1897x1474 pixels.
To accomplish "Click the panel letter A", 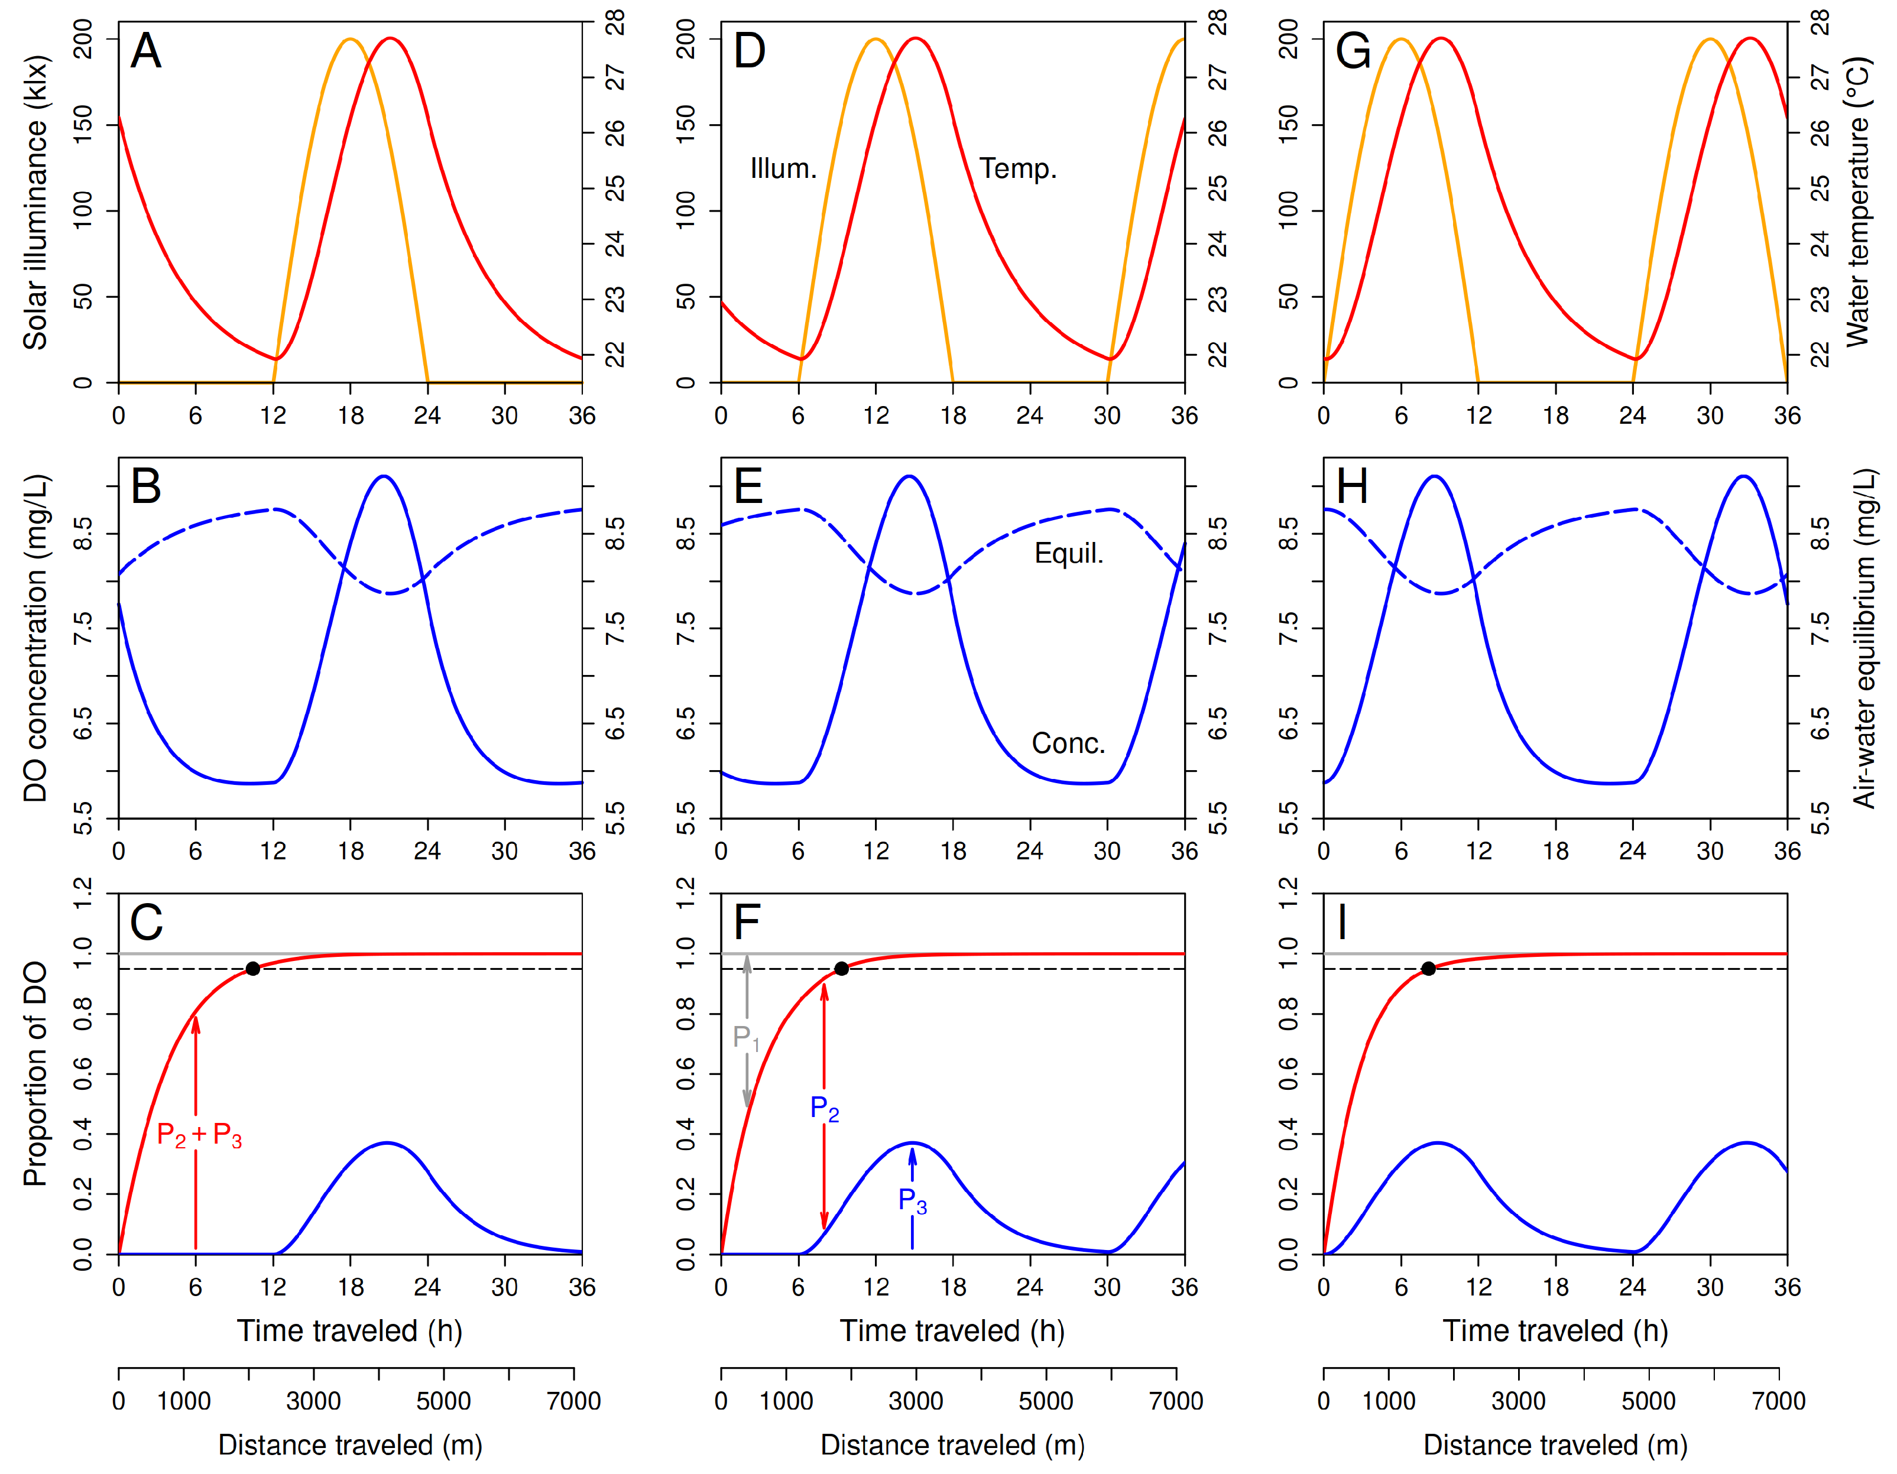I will coord(146,51).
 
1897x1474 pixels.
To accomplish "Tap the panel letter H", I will coord(1353,486).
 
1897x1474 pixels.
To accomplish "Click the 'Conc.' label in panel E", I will coord(1068,744).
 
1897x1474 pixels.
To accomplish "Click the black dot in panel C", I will coord(253,969).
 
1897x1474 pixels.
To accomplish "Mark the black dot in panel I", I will coord(1428,969).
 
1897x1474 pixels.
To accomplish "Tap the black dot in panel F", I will coord(841,969).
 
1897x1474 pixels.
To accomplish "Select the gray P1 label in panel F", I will coord(746,1037).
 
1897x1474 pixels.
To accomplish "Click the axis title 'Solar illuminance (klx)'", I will coord(35,203).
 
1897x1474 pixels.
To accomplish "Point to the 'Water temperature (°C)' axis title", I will coord(1858,203).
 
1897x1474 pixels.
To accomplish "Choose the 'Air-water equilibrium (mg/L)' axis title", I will coord(1864,639).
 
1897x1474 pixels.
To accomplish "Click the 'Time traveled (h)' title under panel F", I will coord(952,1331).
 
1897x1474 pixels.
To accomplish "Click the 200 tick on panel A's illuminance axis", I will coord(83,39).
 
